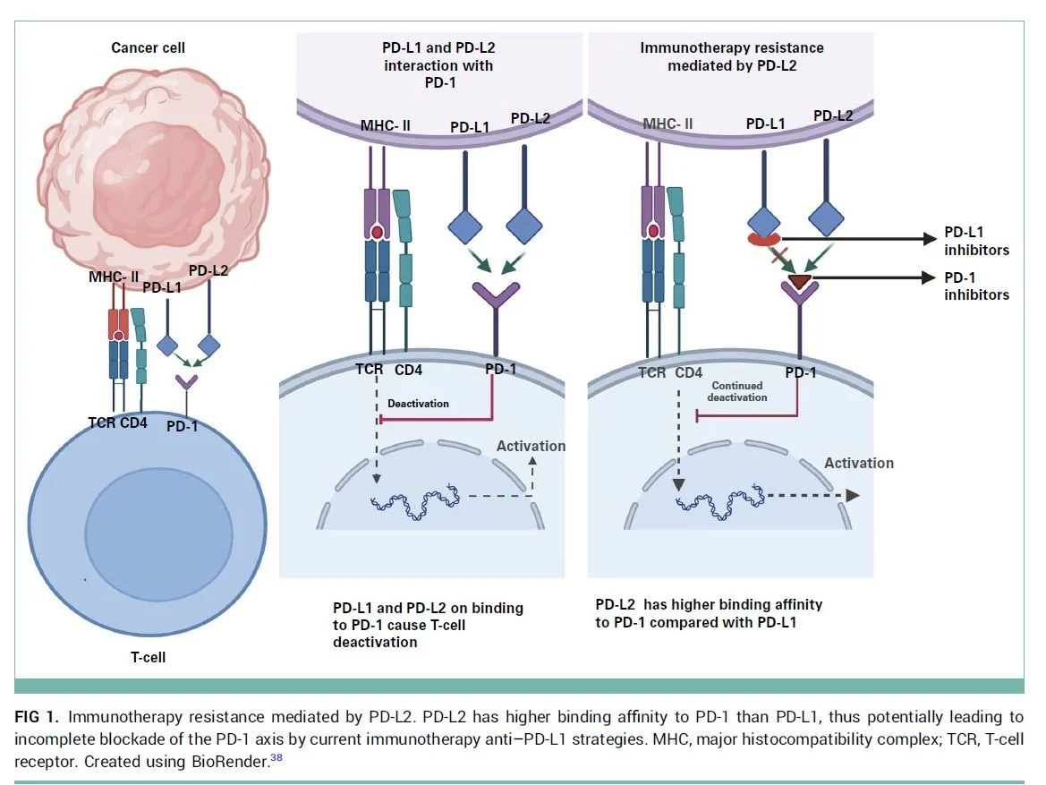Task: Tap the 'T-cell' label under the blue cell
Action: click(147, 657)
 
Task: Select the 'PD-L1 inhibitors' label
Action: click(976, 242)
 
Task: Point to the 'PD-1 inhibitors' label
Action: click(976, 286)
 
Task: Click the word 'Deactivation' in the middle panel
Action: click(418, 404)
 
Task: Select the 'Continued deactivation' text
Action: click(739, 391)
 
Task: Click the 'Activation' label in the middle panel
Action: click(532, 446)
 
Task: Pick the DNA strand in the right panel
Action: click(720, 498)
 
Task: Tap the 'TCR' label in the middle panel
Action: click(367, 369)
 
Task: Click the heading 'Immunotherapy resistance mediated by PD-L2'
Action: click(732, 56)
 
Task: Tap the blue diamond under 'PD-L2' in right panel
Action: click(828, 218)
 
